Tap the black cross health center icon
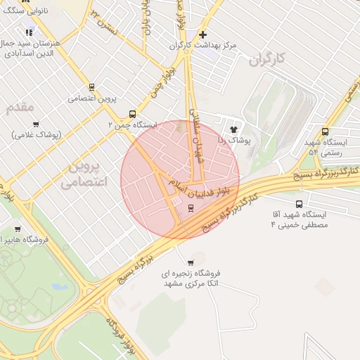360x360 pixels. pos(202,34)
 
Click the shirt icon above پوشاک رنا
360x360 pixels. pos(234,129)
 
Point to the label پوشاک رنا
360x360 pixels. pos(234,141)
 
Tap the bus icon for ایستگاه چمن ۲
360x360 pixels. pos(132,114)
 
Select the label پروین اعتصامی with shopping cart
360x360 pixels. pos(92,98)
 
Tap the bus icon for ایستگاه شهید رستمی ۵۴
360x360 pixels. pos(325,131)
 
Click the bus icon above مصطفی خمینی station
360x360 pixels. pos(300,204)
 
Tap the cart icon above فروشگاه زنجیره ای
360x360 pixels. pos(191,262)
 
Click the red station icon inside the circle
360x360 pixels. pos(190,208)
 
